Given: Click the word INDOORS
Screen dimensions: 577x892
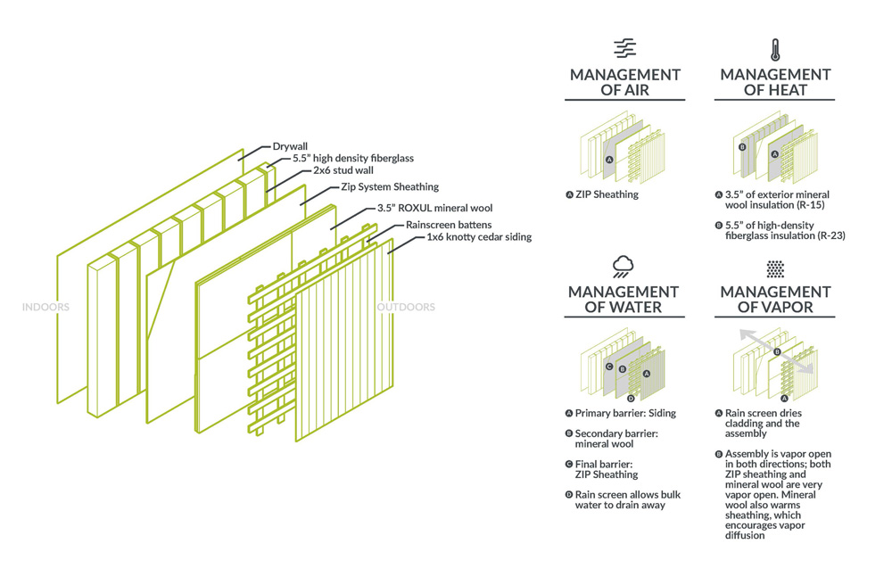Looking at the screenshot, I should (x=45, y=308).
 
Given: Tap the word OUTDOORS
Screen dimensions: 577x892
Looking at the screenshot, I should (x=406, y=308).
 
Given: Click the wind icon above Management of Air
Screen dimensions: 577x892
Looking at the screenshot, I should (x=624, y=48).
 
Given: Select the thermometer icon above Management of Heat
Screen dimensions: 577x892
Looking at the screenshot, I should (x=774, y=48).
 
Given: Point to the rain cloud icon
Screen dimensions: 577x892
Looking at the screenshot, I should (x=624, y=265).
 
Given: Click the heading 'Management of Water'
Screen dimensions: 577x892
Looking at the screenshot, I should (x=624, y=300).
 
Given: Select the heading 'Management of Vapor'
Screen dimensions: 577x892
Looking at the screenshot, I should (x=774, y=300).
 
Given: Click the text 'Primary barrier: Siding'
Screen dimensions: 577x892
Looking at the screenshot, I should (x=625, y=413).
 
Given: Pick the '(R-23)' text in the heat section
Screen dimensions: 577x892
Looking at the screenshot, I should (x=831, y=236).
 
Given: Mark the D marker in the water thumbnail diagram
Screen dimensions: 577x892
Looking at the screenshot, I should (x=631, y=398).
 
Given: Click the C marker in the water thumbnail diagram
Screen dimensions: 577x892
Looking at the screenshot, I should (x=608, y=367).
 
